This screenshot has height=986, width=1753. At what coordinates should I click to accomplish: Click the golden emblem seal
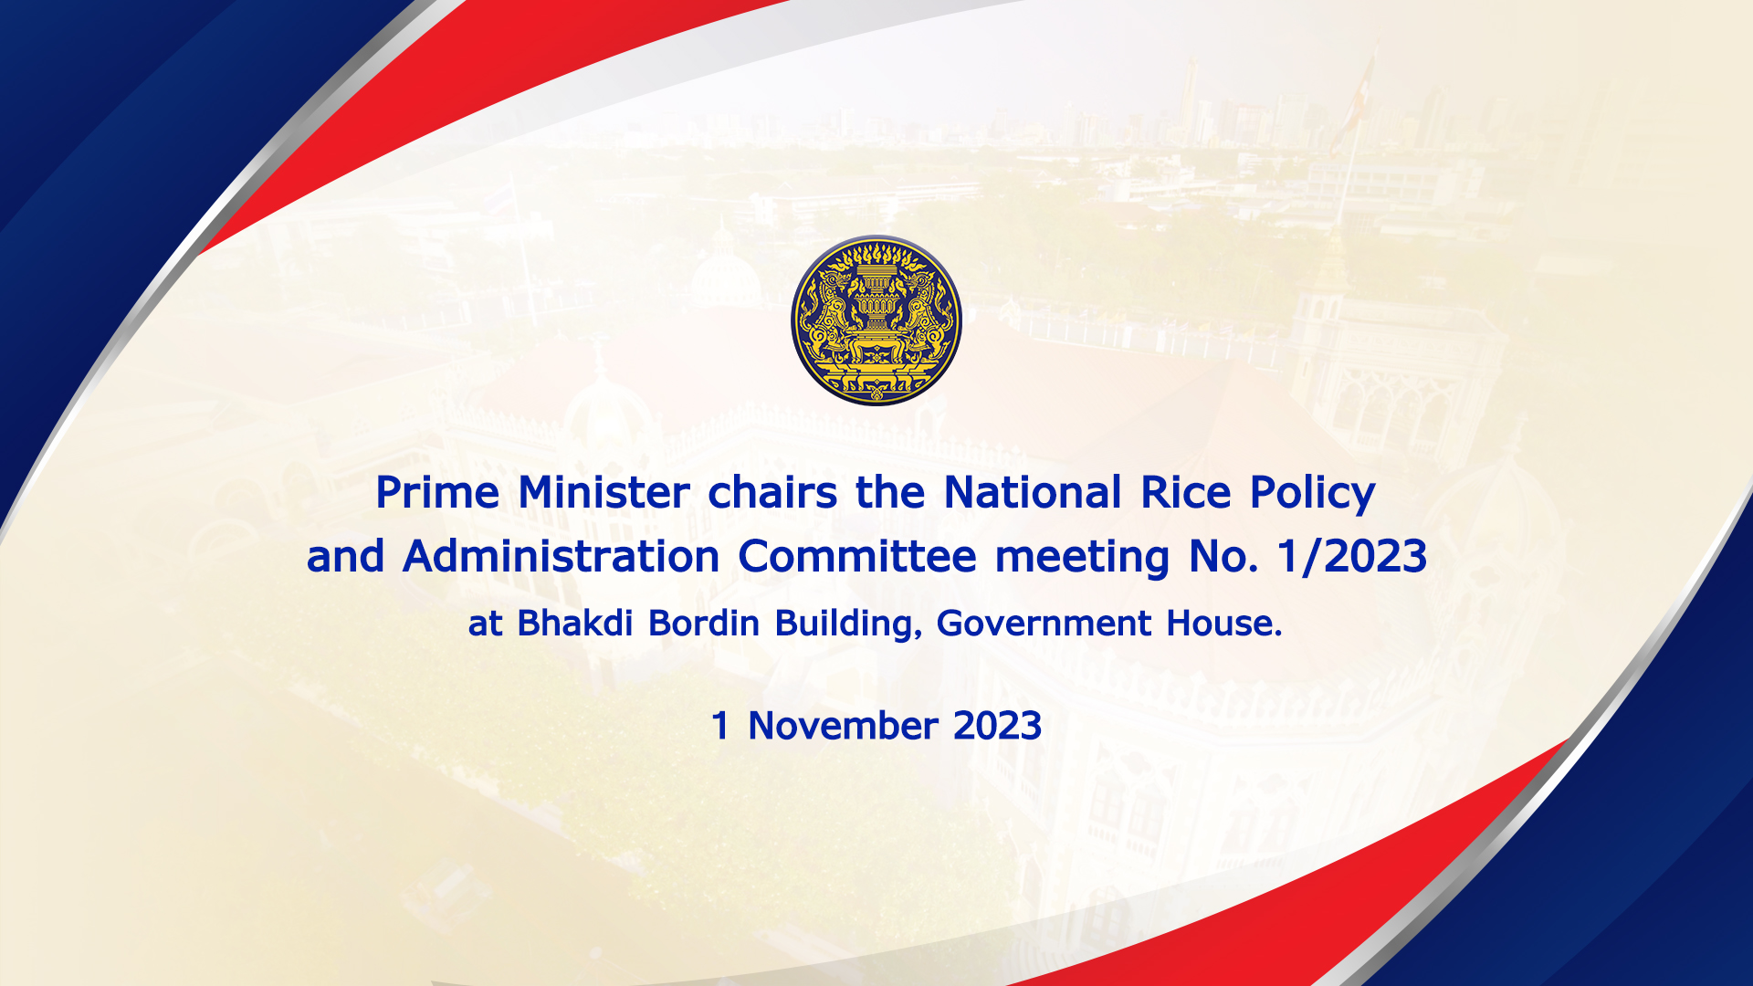(876, 320)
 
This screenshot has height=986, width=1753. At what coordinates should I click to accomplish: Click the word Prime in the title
(437, 494)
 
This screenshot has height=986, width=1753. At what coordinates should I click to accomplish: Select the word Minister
(604, 492)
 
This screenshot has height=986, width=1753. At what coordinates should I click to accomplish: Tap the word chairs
(772, 492)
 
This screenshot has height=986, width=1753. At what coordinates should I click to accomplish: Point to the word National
(1032, 492)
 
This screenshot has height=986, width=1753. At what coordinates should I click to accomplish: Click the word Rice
(1185, 492)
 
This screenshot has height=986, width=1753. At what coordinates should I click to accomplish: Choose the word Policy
(1312, 494)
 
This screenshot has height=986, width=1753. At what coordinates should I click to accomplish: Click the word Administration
(561, 556)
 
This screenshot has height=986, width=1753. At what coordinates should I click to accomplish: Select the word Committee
(857, 556)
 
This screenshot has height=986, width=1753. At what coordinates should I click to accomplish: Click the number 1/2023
(1352, 557)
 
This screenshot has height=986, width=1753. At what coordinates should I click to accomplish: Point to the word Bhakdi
(575, 623)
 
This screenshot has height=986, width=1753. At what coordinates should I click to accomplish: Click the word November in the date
(843, 726)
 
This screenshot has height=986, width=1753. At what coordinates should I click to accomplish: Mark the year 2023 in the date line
(998, 726)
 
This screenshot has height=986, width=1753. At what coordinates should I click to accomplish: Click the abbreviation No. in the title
(1223, 557)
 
